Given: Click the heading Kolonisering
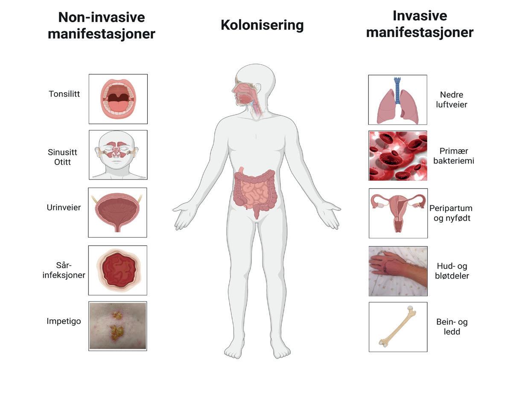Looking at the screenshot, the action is (x=262, y=25).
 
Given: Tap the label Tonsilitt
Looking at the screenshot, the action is (x=64, y=94).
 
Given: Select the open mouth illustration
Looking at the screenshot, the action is (x=118, y=99).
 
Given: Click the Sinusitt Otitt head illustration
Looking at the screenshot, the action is (x=118, y=155).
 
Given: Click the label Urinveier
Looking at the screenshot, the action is (x=64, y=208).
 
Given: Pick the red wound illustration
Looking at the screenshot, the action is (x=117, y=270).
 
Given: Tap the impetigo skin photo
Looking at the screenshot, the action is (x=117, y=326).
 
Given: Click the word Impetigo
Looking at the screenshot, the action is (x=64, y=321).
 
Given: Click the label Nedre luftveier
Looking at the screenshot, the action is (x=452, y=99).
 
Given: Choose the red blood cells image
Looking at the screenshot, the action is (x=398, y=156).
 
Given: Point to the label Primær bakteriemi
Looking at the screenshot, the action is (x=453, y=156).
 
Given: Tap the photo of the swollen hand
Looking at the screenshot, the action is (x=398, y=271).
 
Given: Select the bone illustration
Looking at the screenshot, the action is (x=398, y=327).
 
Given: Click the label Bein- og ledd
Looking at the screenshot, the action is (x=452, y=327).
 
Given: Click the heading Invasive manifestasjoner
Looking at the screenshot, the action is (x=420, y=24).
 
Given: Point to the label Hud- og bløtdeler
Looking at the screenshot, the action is (x=452, y=271).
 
